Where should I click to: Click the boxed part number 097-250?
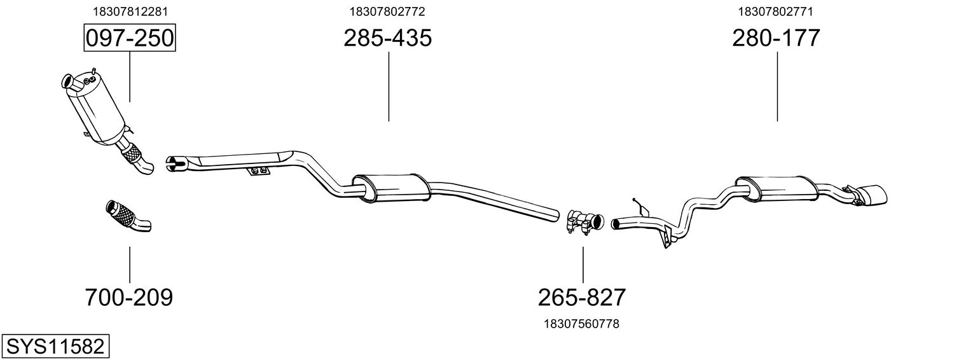[x=130, y=38]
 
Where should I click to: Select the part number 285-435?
[x=387, y=38]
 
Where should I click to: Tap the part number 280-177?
[x=776, y=38]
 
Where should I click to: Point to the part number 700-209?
[x=129, y=296]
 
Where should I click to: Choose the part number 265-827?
[x=582, y=296]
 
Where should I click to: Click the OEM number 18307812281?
[x=130, y=11]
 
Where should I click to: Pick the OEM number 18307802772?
[x=387, y=11]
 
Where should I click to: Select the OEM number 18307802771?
[x=776, y=11]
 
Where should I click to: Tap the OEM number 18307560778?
[x=582, y=324]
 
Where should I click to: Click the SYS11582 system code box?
[x=55, y=347]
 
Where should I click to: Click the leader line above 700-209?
[x=130, y=264]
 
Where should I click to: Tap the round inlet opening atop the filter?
[x=66, y=81]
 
